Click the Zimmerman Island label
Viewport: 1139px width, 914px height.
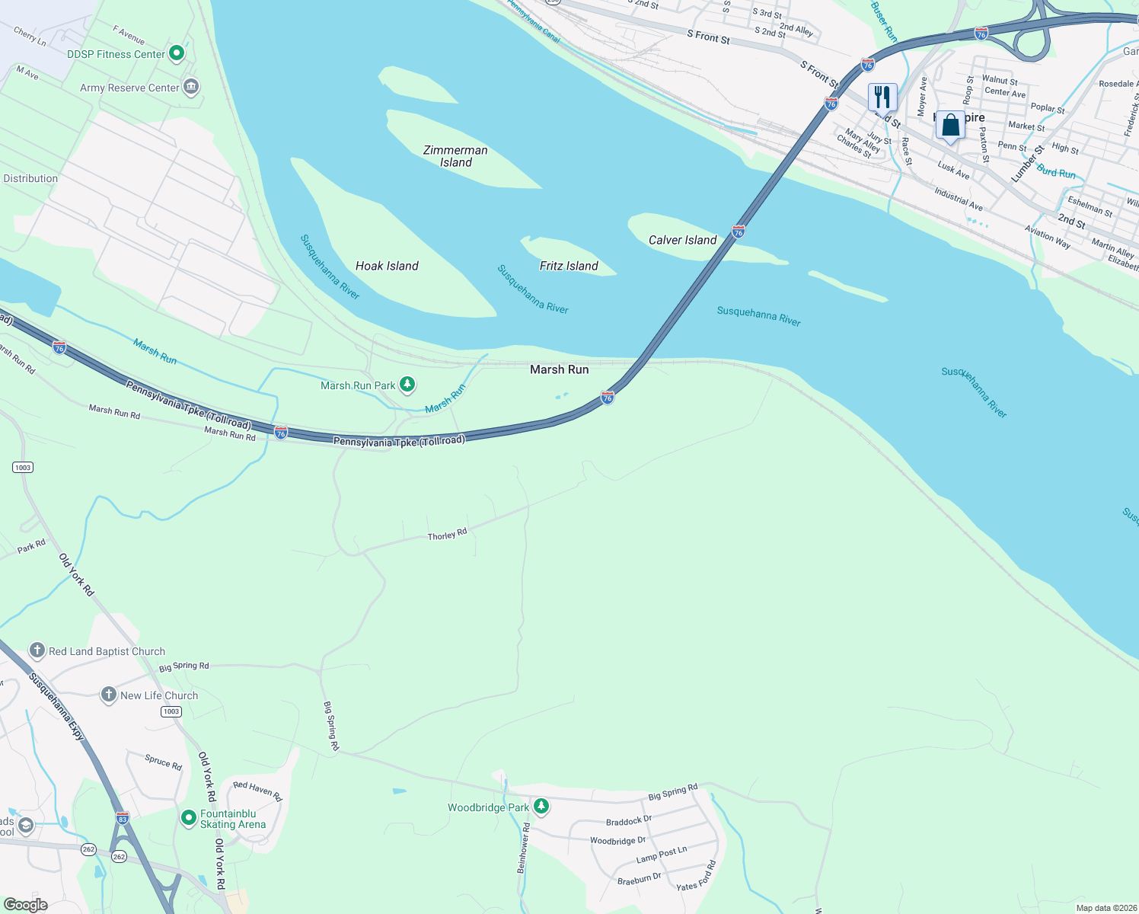tap(455, 156)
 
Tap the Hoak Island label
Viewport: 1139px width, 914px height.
tap(387, 266)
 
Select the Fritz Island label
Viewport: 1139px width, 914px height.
tap(569, 266)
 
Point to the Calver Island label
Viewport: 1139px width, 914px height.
tap(682, 240)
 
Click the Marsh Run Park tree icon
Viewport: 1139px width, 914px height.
tap(407, 384)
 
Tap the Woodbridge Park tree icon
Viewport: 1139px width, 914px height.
tap(541, 806)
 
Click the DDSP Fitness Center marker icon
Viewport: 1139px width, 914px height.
tap(177, 53)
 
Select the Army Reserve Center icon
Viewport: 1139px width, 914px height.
tap(191, 86)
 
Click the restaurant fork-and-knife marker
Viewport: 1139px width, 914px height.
tap(882, 97)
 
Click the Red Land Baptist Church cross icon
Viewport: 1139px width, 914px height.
tap(37, 650)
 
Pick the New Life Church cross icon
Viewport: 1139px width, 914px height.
tap(109, 695)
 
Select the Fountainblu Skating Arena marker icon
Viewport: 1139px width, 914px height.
tap(189, 817)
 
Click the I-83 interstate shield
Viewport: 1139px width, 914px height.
tap(123, 818)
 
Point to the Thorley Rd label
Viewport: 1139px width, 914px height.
tap(447, 535)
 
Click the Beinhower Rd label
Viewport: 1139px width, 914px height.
tap(524, 848)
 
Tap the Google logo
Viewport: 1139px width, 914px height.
tap(25, 905)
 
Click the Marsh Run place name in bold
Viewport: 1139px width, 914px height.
tap(559, 369)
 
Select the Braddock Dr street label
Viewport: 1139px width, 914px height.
tap(629, 821)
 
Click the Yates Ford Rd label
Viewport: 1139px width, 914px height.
tap(697, 876)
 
